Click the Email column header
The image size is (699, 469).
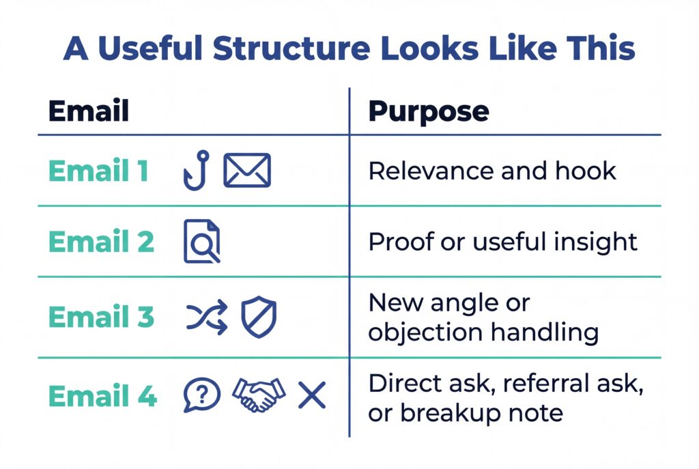pos(88,111)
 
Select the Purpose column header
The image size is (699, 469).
pos(428,111)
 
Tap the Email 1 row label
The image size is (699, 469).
pos(98,171)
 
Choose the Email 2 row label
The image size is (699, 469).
pos(102,242)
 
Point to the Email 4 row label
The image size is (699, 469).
pos(103,396)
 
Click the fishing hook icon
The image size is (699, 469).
pos(196,171)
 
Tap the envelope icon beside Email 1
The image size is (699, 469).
pos(247,171)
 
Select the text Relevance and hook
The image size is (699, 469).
pos(492,171)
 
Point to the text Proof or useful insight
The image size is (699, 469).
pos(503,242)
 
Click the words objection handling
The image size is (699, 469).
pos(483,332)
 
